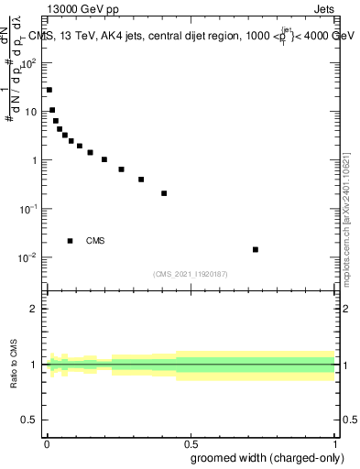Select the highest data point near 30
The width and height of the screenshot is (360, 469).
point(49,90)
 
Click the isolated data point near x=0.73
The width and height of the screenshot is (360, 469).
point(256,249)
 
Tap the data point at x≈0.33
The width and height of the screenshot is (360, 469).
point(141,180)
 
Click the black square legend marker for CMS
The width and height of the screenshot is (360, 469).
point(71,241)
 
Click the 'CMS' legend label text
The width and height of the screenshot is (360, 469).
point(95,241)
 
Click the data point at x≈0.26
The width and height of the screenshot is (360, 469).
point(121,169)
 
